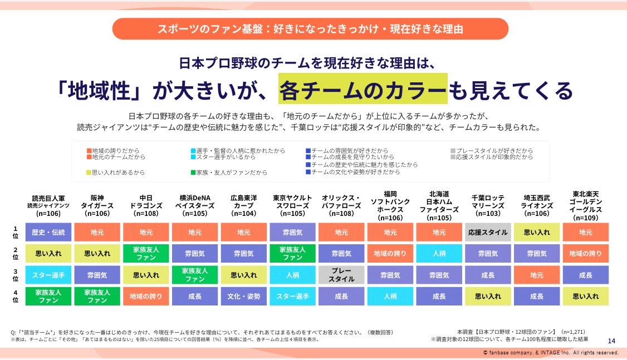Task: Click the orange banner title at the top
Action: click(x=310, y=28)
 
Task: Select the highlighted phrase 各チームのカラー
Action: click(x=363, y=90)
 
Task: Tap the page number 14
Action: click(x=611, y=341)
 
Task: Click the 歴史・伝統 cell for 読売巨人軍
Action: click(x=48, y=232)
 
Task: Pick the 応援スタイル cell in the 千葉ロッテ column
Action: click(x=488, y=232)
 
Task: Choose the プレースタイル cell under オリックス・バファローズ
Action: click(x=341, y=275)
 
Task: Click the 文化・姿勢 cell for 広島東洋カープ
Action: click(x=243, y=297)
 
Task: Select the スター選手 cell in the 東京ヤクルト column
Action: click(x=292, y=297)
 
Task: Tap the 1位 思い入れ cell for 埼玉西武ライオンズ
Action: click(x=537, y=232)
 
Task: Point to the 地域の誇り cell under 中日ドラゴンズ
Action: click(x=145, y=297)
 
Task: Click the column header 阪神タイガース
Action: click(x=97, y=205)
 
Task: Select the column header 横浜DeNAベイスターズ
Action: click(x=194, y=205)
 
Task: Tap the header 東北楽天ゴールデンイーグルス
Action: click(x=585, y=205)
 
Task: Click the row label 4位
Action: click(x=16, y=297)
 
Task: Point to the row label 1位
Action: click(x=16, y=232)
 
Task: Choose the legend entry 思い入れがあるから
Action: click(x=117, y=172)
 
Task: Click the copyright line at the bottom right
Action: click(x=551, y=353)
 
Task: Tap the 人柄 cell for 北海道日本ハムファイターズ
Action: click(x=439, y=253)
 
